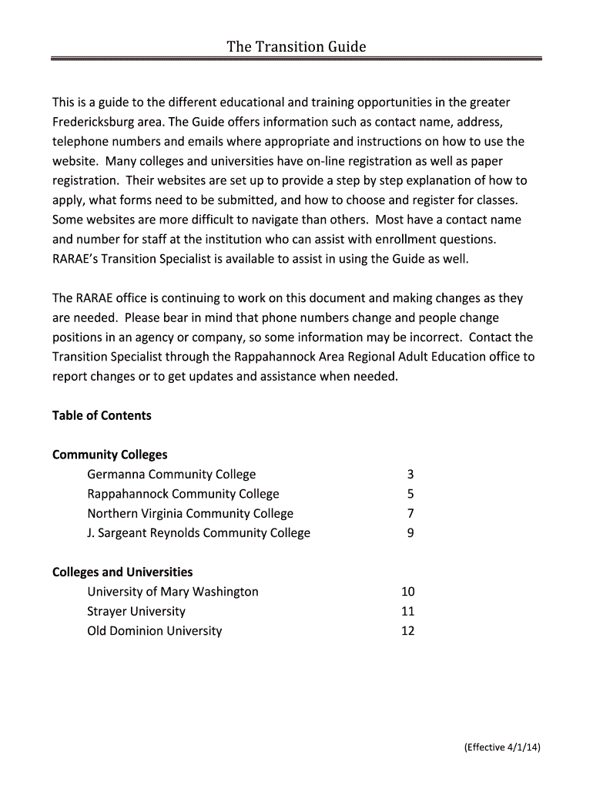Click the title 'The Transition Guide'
coord(296,48)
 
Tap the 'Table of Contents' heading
coord(102,415)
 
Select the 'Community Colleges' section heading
coord(109,455)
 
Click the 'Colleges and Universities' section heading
coord(122,572)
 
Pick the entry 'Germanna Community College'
coord(171,474)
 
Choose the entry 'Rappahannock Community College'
coord(183,494)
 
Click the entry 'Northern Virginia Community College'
coord(190,513)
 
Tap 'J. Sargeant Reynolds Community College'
coord(199,532)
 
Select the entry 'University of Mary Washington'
coord(173,592)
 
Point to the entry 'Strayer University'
coord(136,611)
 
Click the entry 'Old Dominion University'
coord(154,630)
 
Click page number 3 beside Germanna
coord(410,474)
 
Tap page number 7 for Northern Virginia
coord(410,513)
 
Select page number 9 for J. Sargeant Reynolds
coord(410,532)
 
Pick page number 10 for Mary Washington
coord(407,592)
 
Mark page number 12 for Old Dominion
coord(407,630)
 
